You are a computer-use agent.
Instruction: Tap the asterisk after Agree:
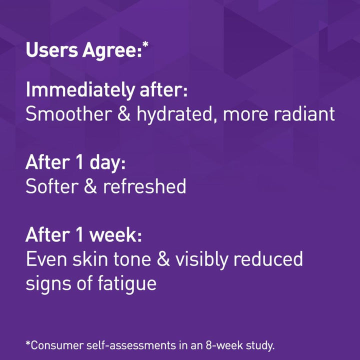(x=145, y=46)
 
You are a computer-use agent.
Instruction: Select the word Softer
(x=50, y=186)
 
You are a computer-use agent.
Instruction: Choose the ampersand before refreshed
(x=89, y=186)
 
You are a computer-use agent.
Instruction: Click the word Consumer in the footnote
(x=53, y=345)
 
